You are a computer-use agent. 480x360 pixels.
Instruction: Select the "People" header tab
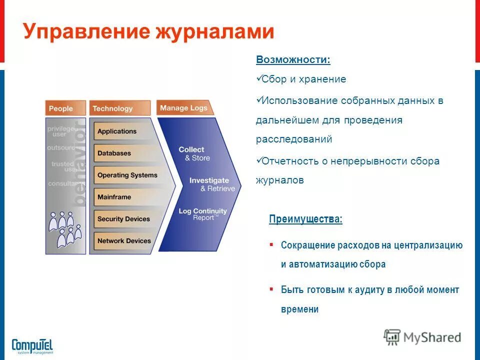click(61, 108)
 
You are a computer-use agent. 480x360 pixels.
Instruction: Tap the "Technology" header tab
click(113, 108)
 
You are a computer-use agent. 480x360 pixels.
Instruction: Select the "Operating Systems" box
click(127, 175)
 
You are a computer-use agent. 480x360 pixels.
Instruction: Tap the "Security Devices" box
click(123, 219)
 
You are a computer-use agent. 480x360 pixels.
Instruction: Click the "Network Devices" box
click(124, 240)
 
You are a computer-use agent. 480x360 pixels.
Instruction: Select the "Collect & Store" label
click(193, 153)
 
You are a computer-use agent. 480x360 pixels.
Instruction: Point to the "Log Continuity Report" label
click(202, 214)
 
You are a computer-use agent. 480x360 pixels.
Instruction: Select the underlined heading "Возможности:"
click(293, 59)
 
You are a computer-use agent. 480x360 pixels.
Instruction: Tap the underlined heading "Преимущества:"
click(306, 219)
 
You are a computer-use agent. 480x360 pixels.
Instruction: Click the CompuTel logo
click(32, 345)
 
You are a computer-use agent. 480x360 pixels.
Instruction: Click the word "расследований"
click(294, 139)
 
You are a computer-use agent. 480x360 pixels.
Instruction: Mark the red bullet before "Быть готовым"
click(271, 289)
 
